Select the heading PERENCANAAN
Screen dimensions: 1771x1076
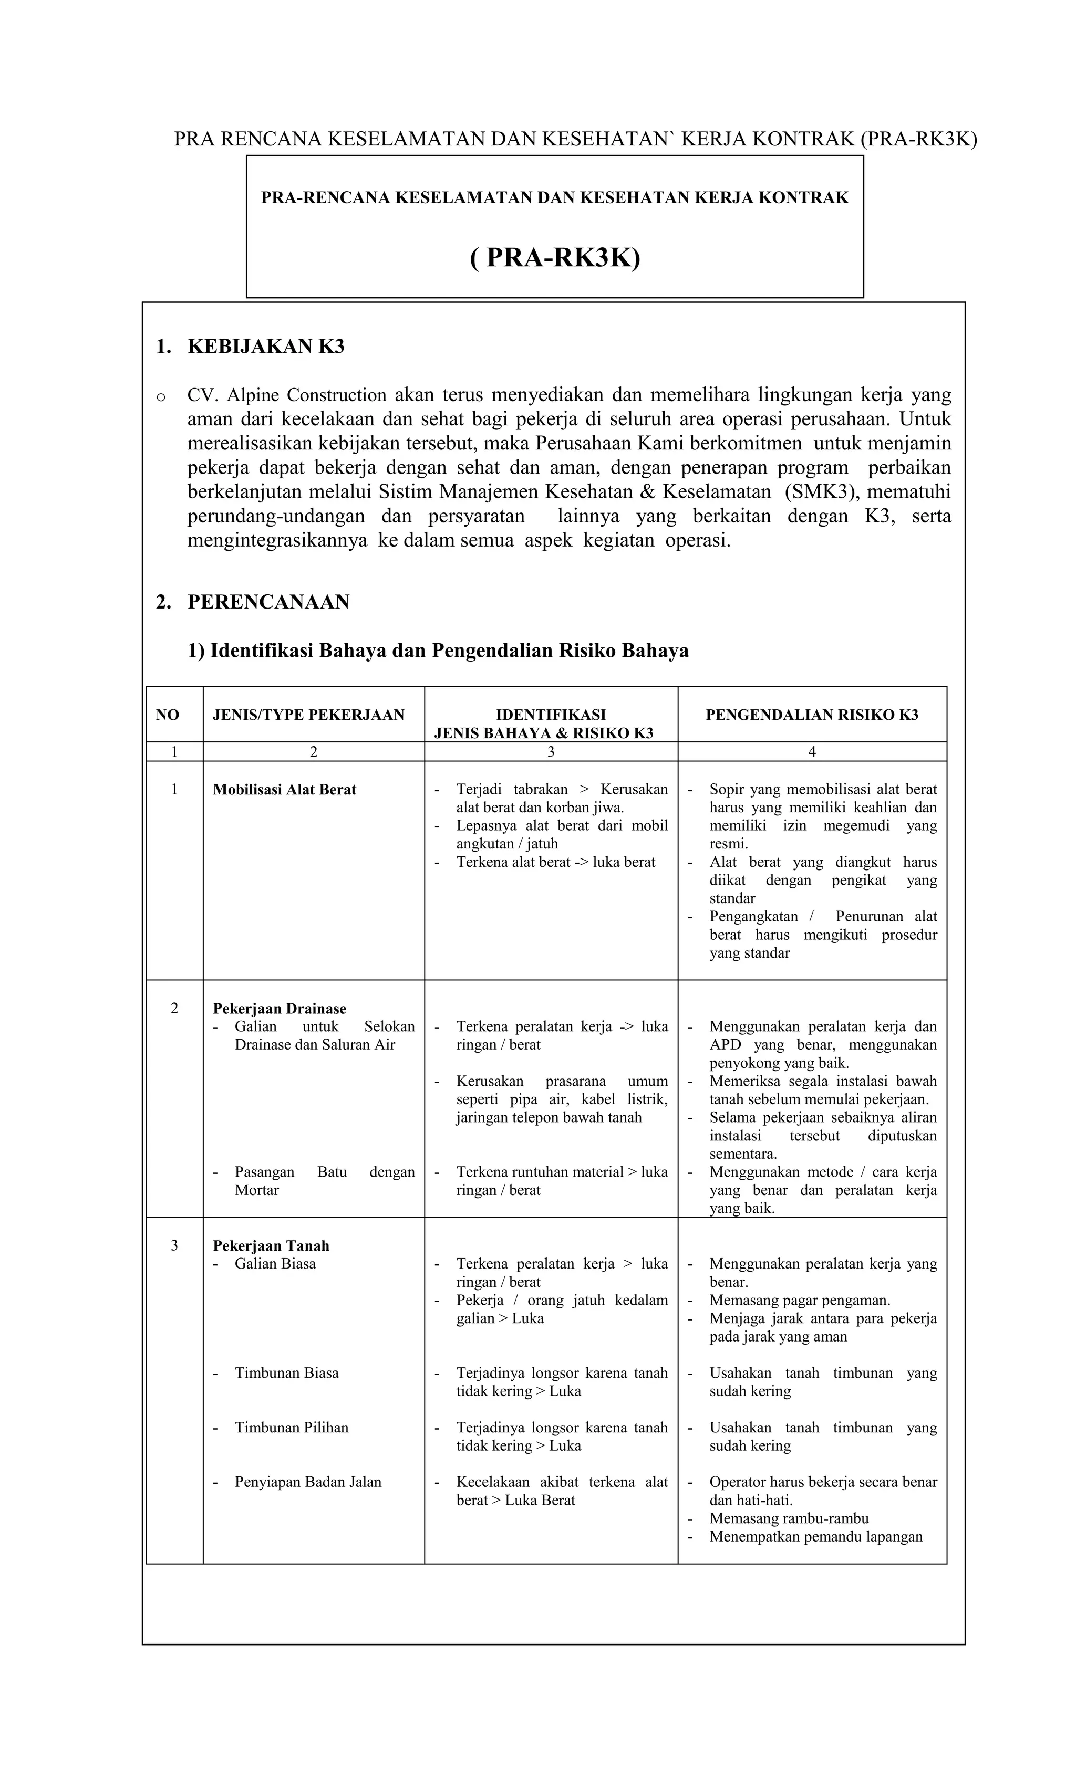coord(268,602)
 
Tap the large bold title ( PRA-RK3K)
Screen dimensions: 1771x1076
coord(554,257)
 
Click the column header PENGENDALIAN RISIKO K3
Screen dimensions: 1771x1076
coord(811,715)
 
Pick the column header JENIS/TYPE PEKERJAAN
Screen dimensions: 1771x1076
coord(308,715)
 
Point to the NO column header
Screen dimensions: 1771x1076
coord(168,715)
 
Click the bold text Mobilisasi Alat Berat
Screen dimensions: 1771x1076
coord(284,789)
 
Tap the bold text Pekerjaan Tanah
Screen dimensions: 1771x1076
coord(271,1245)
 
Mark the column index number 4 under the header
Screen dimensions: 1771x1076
coord(811,752)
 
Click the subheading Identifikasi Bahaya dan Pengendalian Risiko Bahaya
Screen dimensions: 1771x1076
coord(438,651)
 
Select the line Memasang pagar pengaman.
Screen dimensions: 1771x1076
coord(799,1300)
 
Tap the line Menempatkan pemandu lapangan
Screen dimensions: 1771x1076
coord(815,1537)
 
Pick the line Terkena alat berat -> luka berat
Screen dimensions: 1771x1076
coord(555,862)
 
